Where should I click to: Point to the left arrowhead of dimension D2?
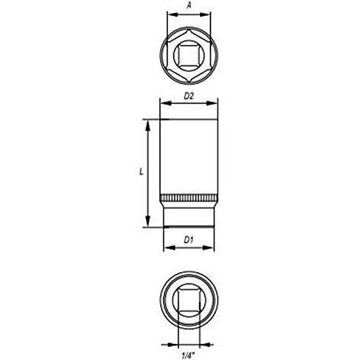(162, 102)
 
